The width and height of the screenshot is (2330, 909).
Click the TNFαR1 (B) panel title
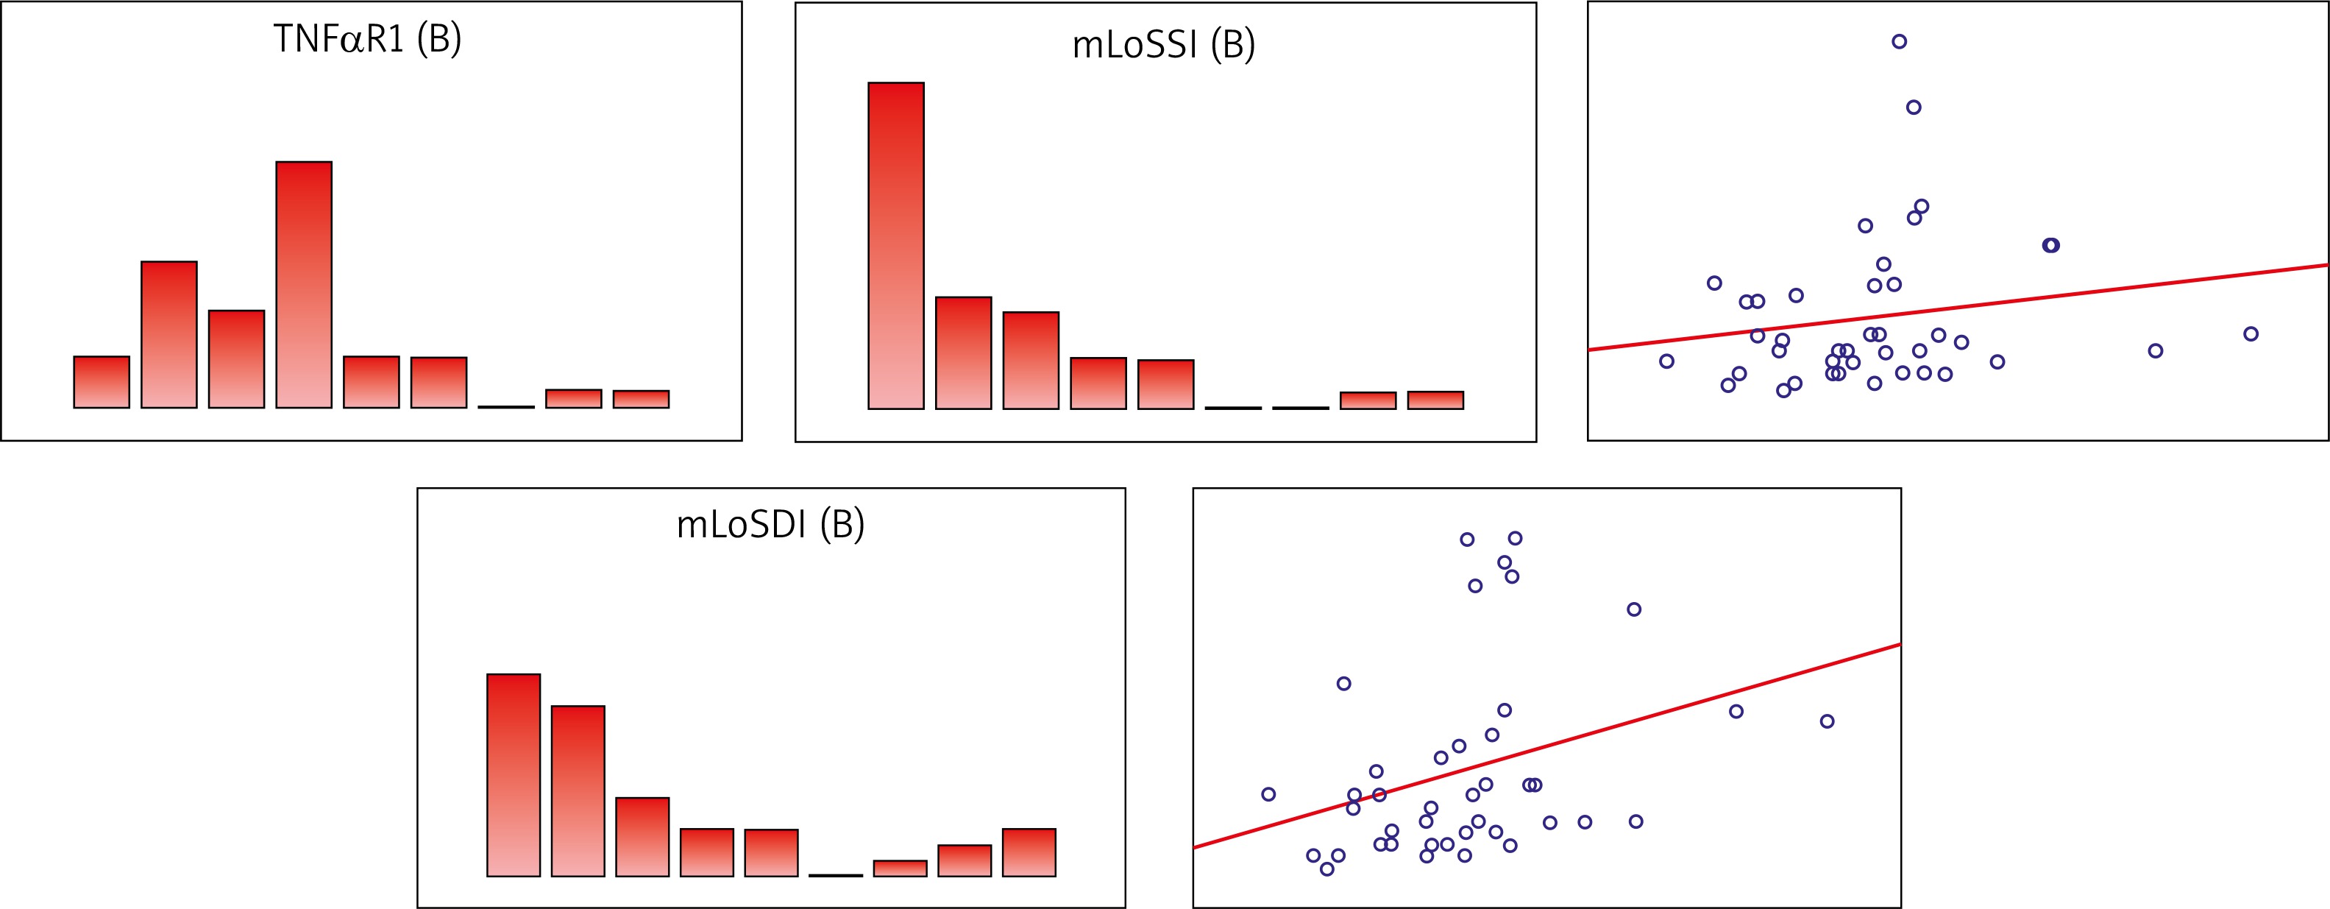point(367,40)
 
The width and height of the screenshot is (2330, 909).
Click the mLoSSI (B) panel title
point(1163,44)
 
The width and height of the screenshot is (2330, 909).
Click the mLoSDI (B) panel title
point(770,525)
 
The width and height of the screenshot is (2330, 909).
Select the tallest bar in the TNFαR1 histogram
point(304,285)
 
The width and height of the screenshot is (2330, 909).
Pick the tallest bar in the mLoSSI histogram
point(895,246)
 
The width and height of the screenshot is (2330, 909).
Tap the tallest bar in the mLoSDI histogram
point(514,775)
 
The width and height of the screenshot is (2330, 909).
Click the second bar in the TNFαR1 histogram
point(169,335)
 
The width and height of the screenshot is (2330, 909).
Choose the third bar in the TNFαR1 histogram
point(236,359)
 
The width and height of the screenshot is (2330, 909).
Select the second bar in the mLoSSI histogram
point(963,353)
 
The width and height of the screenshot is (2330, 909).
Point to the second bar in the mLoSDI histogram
point(578,791)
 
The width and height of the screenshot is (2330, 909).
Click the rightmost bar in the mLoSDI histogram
point(1029,852)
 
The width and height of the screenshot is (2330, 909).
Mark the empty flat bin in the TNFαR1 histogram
point(506,407)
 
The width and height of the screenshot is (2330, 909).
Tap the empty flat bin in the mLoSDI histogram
point(836,874)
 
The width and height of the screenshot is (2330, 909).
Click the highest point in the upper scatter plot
point(1900,42)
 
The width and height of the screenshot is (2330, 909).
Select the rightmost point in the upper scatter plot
point(2251,333)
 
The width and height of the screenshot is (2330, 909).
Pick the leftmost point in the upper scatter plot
point(1667,361)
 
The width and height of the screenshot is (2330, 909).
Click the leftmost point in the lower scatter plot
point(1268,794)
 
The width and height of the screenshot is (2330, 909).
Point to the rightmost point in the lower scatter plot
point(1827,721)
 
